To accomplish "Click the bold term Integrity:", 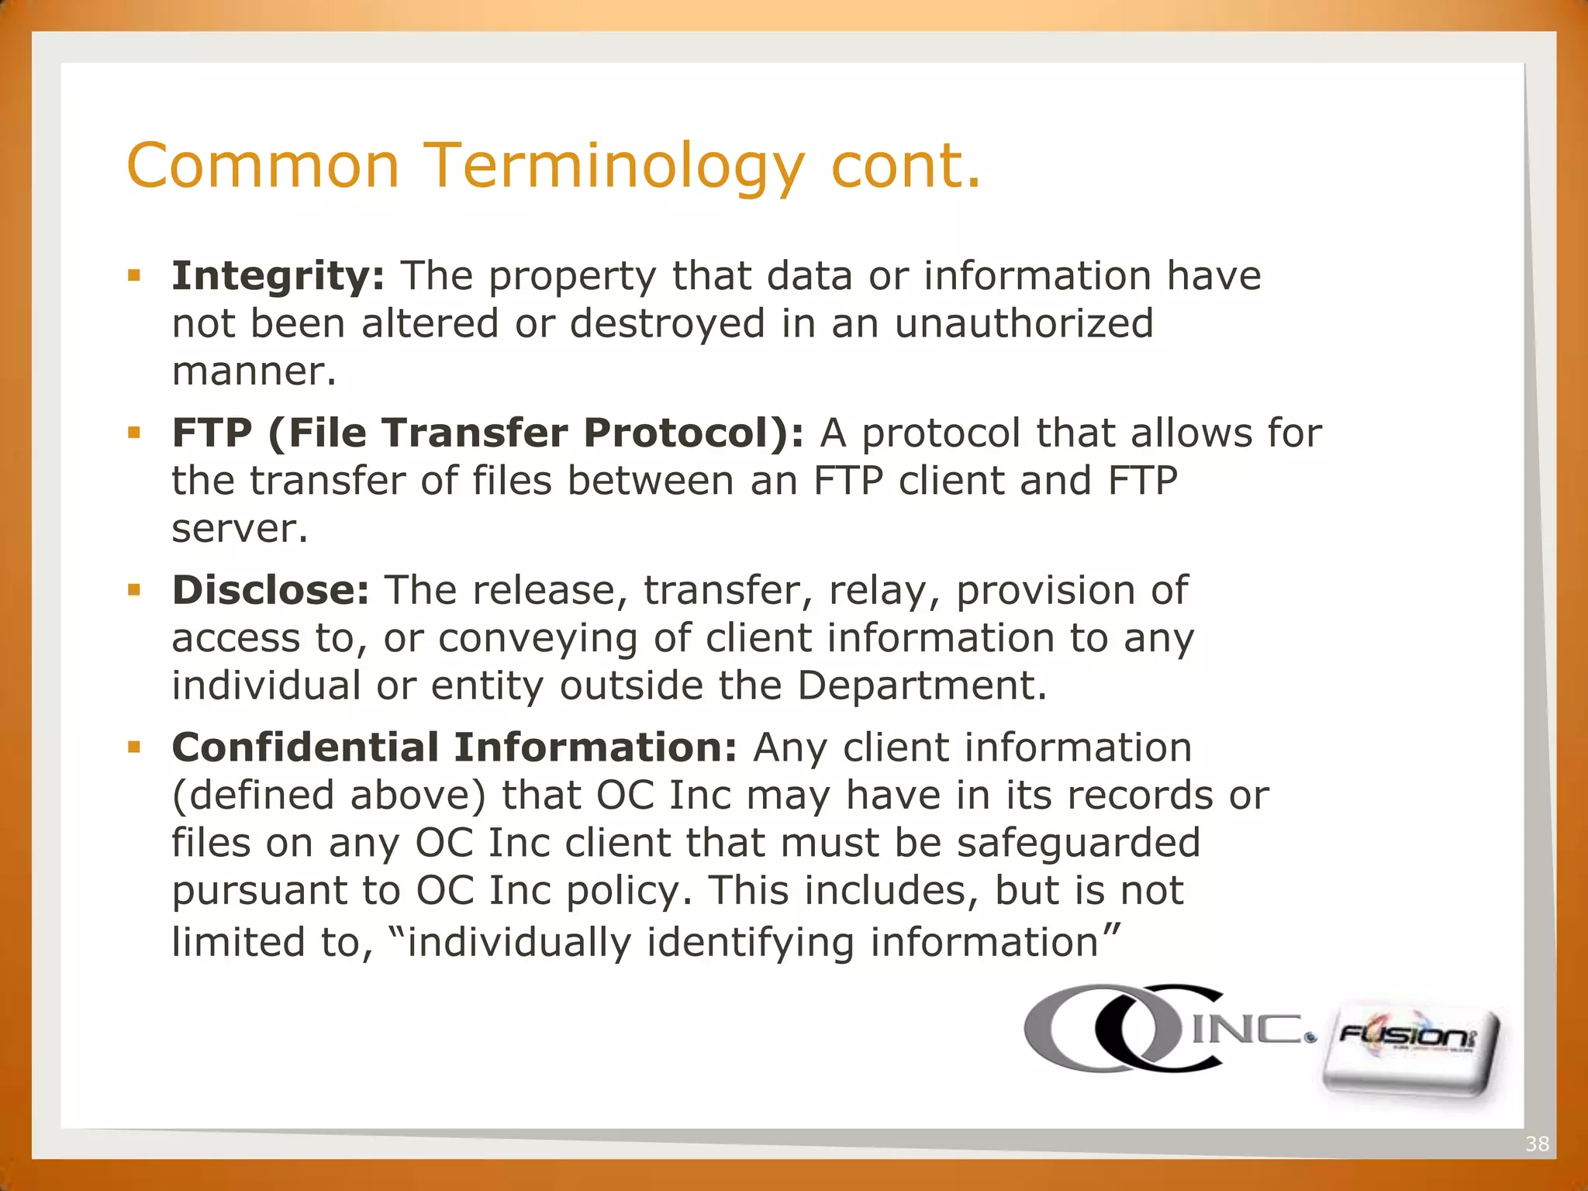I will (278, 277).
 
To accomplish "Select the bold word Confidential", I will (306, 748).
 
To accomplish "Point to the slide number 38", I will (1537, 1144).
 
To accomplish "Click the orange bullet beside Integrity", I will (134, 275).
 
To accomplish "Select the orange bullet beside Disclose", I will (134, 590).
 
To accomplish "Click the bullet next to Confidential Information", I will (134, 747).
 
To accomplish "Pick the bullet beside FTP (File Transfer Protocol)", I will (134, 433).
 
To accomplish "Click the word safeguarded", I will (1078, 843).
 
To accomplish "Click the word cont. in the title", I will (905, 167).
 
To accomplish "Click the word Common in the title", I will (263, 167).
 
